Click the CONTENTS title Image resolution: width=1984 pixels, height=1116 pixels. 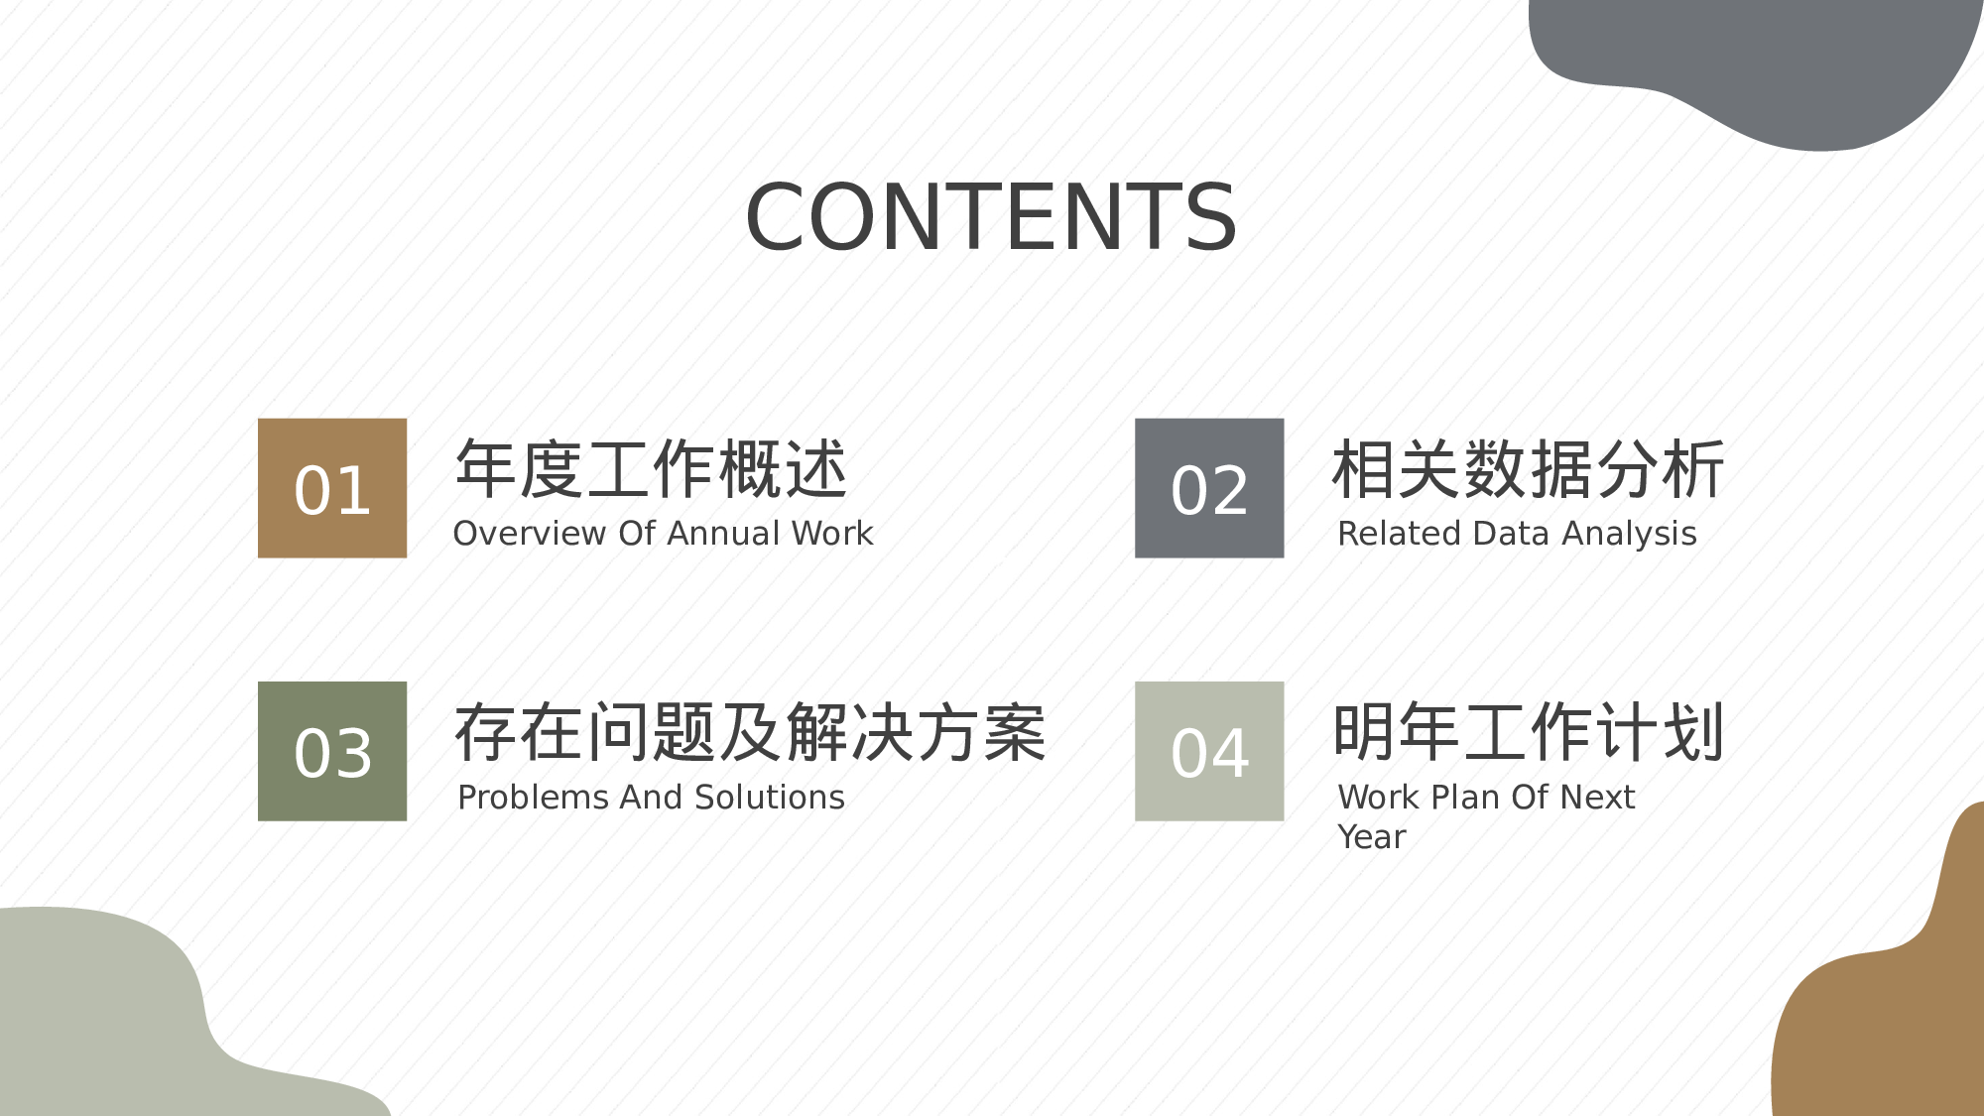991,217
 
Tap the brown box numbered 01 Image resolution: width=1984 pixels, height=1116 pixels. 332,488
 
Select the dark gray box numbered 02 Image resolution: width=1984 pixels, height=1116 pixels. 1209,488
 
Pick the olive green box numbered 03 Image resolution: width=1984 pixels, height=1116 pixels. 332,751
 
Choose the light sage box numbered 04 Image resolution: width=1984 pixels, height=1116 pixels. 1209,751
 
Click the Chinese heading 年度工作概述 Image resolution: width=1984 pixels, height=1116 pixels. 651,469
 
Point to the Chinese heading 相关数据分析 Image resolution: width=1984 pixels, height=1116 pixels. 1528,469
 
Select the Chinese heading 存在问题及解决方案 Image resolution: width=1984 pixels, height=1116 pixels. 750,733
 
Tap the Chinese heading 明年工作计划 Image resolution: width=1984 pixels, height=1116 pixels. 1528,733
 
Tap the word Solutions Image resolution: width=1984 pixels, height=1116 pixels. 770,798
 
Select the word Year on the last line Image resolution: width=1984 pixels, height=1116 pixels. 1371,837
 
